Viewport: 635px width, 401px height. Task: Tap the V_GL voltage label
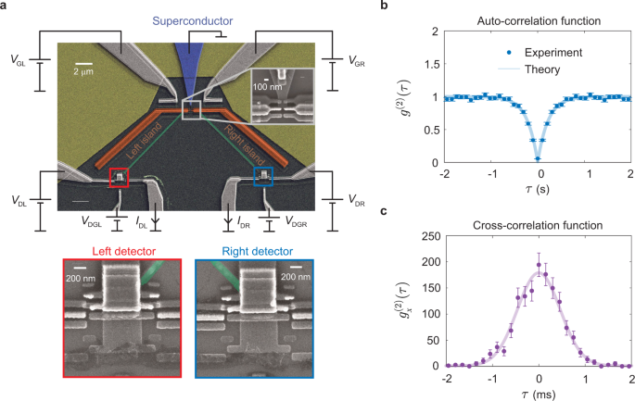(19, 67)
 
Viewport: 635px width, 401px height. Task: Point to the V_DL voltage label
(19, 200)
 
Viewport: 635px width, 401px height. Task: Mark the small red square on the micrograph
(118, 177)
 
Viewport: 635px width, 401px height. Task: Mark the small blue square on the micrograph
(264, 175)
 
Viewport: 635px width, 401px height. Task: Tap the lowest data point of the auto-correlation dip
(538, 159)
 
